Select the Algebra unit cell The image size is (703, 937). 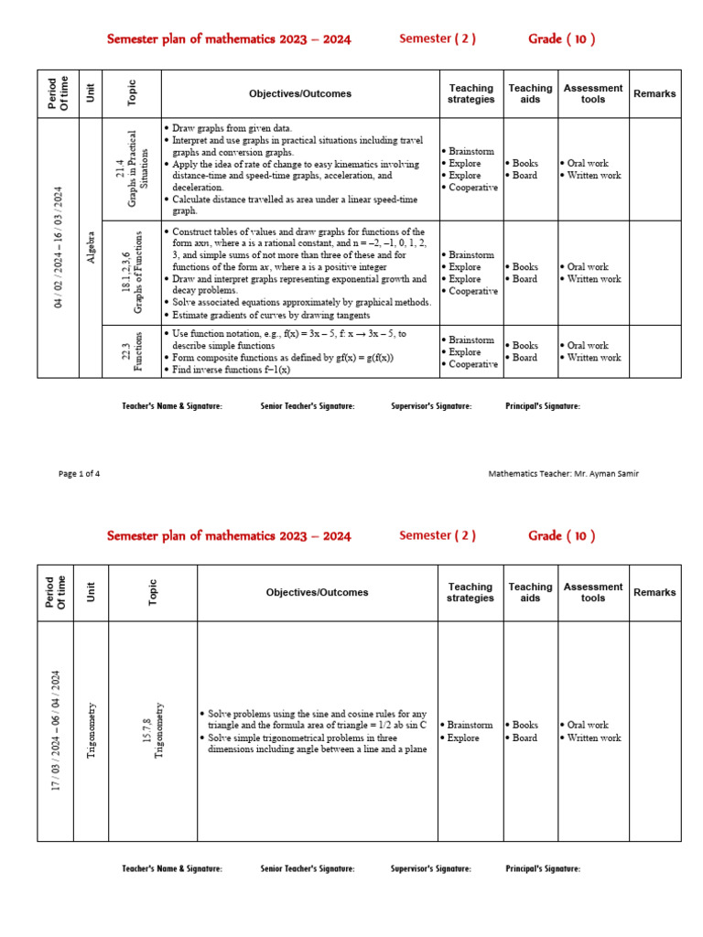91,247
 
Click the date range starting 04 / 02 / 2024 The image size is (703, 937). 58,247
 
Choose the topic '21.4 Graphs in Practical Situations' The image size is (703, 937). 132,169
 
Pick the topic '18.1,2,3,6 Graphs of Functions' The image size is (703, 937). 132,273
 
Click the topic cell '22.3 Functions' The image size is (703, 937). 132,351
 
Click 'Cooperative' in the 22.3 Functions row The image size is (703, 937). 472,363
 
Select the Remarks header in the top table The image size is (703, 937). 654,93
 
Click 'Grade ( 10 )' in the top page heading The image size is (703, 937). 561,38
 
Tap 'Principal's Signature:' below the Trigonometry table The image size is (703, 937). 543,868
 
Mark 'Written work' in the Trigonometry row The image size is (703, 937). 593,738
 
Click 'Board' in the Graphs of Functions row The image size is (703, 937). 525,279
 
